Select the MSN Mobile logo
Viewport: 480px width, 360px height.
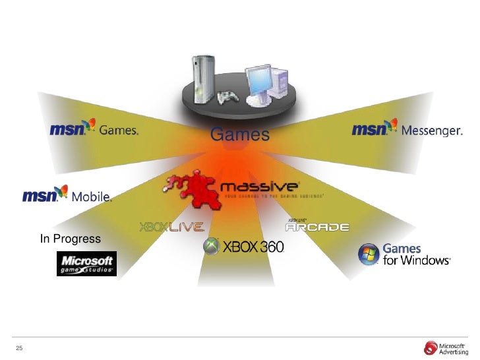(x=67, y=195)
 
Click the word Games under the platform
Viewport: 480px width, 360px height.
(x=240, y=135)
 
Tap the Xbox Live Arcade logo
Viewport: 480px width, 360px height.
(x=317, y=225)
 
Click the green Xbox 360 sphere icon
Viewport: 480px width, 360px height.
(x=212, y=247)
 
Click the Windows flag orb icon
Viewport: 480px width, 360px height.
(x=369, y=254)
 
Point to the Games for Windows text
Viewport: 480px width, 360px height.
(x=415, y=255)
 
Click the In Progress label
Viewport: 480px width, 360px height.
(x=70, y=239)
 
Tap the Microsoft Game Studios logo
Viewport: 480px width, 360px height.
(x=86, y=262)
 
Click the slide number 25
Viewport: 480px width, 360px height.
(x=19, y=348)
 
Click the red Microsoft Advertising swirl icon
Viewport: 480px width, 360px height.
(x=432, y=347)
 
